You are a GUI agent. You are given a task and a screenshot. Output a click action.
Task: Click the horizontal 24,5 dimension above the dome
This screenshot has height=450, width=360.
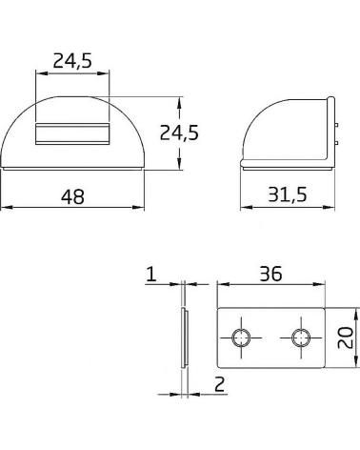point(72,61)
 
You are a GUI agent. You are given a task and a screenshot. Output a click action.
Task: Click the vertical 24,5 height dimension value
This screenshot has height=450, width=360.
point(179,133)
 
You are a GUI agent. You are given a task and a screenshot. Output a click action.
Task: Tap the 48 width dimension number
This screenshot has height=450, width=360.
point(72,196)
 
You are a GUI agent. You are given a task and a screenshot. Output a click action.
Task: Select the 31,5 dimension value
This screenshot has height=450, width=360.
point(288,194)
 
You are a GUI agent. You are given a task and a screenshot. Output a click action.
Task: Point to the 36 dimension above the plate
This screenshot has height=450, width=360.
point(270,274)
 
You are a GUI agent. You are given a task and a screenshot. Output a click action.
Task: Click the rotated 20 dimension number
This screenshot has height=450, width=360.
point(346,337)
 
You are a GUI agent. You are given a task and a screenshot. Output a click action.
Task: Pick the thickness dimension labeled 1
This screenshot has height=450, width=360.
point(151,274)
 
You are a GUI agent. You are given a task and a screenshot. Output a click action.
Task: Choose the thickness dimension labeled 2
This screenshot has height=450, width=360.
point(219,384)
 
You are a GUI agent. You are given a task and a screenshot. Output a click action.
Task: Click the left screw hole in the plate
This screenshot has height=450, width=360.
point(241,337)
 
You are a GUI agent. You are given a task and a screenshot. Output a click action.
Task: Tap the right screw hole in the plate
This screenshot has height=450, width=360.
point(301,337)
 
